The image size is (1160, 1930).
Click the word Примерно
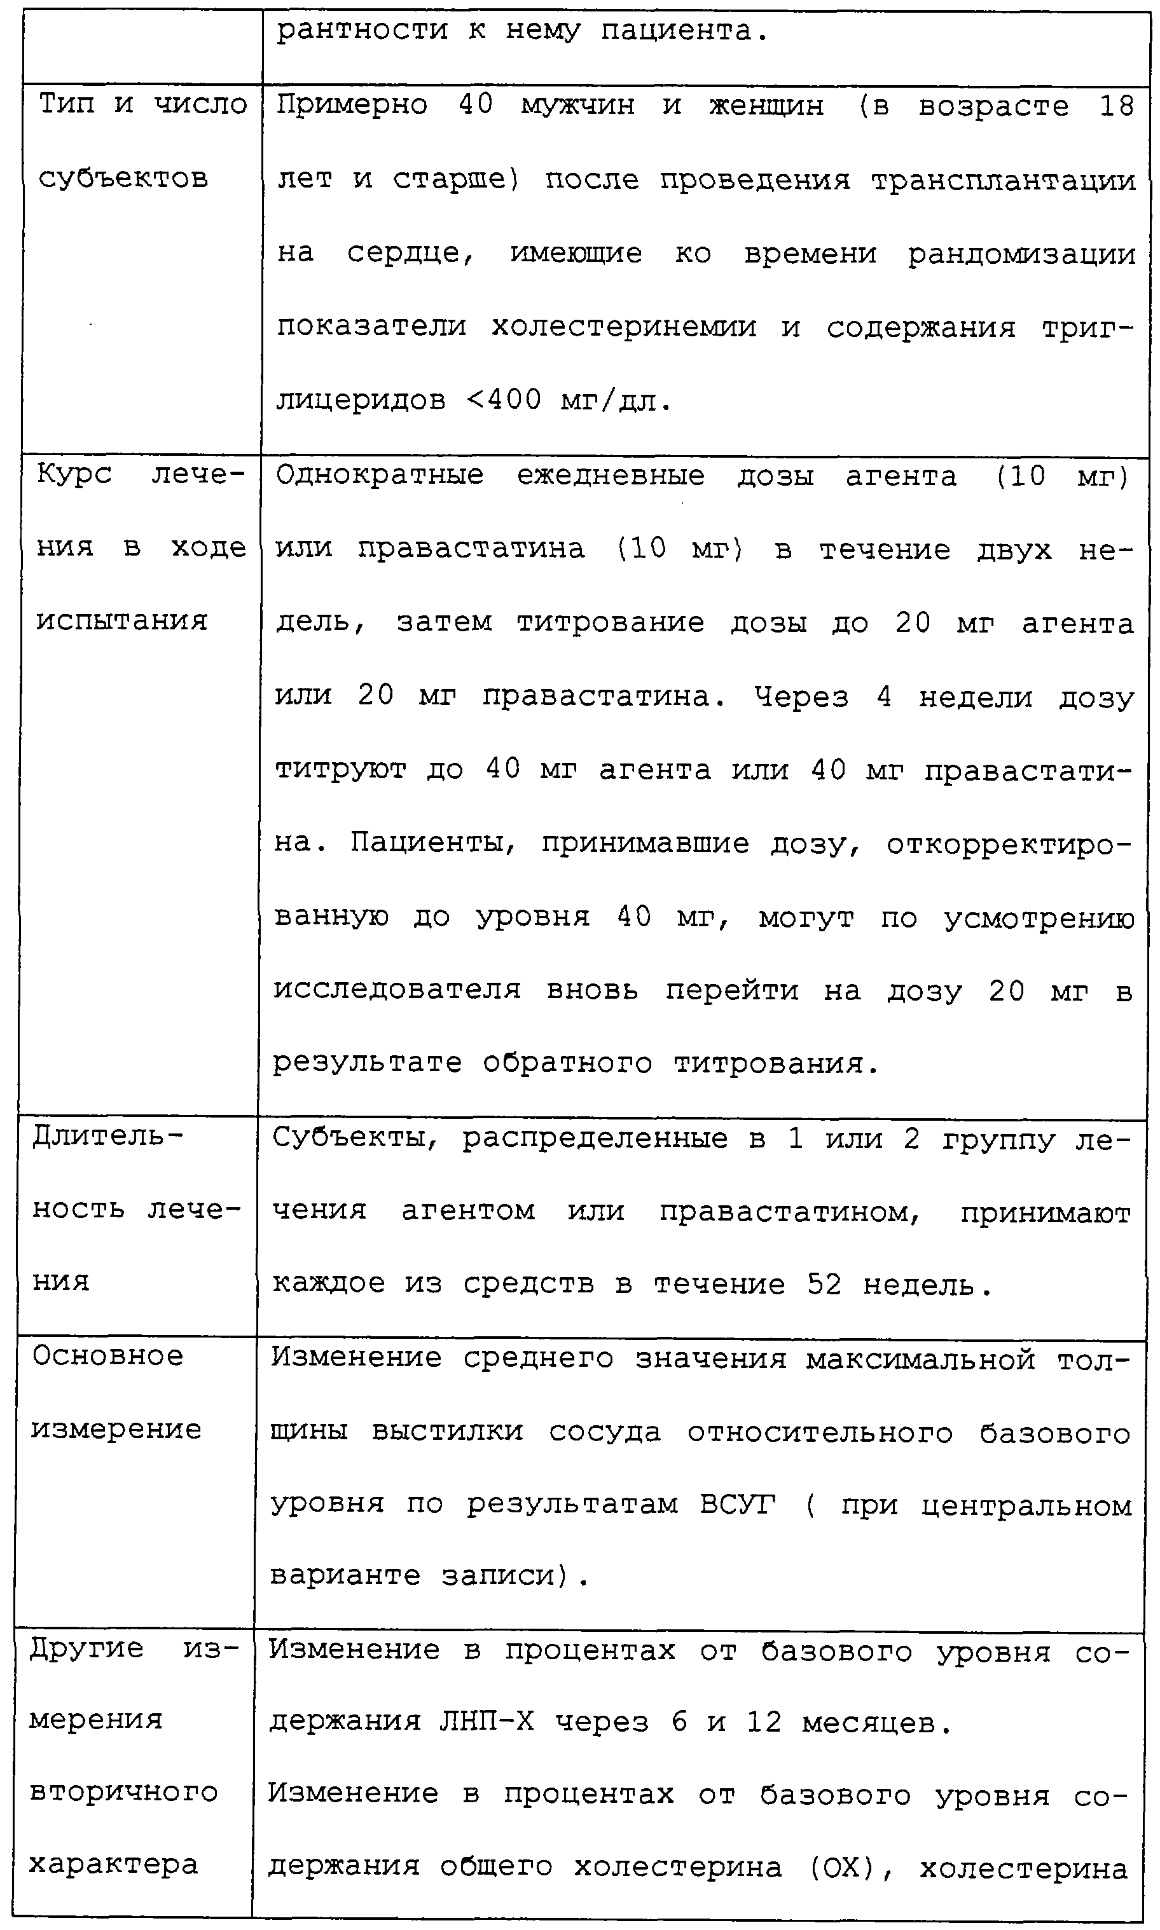(x=352, y=105)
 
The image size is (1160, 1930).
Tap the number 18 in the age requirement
(x=1116, y=106)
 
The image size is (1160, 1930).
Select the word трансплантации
(x=1003, y=180)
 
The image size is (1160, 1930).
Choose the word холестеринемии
(x=624, y=327)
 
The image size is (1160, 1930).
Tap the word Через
(x=801, y=695)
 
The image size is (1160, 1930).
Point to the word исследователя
(x=397, y=989)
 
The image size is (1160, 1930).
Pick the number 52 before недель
(x=825, y=1285)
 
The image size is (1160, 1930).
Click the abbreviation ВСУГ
(x=737, y=1504)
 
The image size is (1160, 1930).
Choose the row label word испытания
(x=122, y=620)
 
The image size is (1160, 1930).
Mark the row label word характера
(x=113, y=1865)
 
